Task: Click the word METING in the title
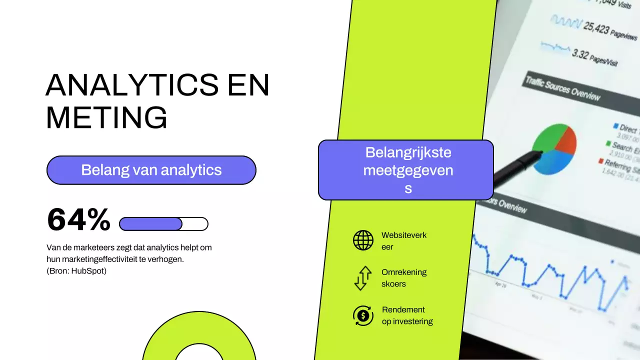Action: [106, 118]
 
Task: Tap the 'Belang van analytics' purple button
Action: [151, 170]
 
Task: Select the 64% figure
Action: [78, 220]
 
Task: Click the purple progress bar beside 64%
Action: [151, 224]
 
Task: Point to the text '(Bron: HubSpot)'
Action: [76, 271]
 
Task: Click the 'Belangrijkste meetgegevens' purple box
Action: [406, 170]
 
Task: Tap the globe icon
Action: [363, 240]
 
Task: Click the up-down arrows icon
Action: [363, 278]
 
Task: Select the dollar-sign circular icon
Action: [363, 316]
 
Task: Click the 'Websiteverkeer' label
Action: [403, 241]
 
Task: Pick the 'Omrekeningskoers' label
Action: [403, 278]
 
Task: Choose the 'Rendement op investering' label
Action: [407, 315]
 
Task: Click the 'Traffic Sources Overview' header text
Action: [562, 89]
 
